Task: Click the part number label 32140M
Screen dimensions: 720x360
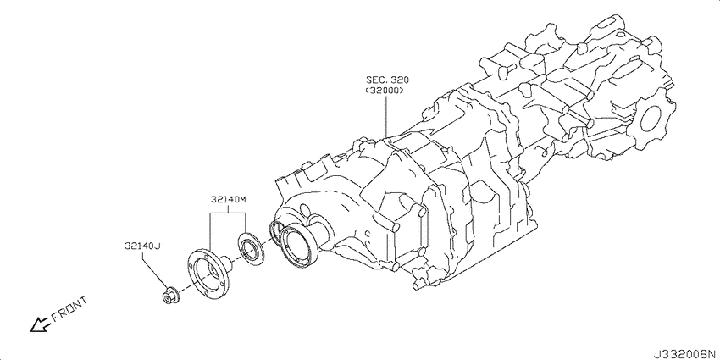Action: [229, 200]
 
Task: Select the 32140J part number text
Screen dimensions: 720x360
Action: [142, 246]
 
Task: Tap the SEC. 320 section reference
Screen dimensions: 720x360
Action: [387, 80]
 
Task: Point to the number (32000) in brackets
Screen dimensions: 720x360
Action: [385, 91]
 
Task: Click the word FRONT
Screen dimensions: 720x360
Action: [69, 309]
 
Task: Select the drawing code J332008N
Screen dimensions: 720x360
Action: [686, 354]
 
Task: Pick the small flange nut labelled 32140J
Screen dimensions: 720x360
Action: [171, 296]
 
